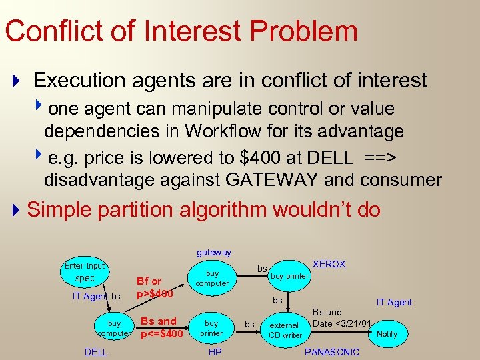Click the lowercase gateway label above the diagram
214,253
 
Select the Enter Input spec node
85,272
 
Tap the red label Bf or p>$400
155,287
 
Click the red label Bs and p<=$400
159,327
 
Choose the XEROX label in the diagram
329,264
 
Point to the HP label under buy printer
215,352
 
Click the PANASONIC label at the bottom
331,352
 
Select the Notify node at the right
387,333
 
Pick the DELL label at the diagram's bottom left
96,352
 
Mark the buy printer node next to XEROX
289,276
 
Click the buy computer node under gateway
212,278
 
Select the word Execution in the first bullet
79,81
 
